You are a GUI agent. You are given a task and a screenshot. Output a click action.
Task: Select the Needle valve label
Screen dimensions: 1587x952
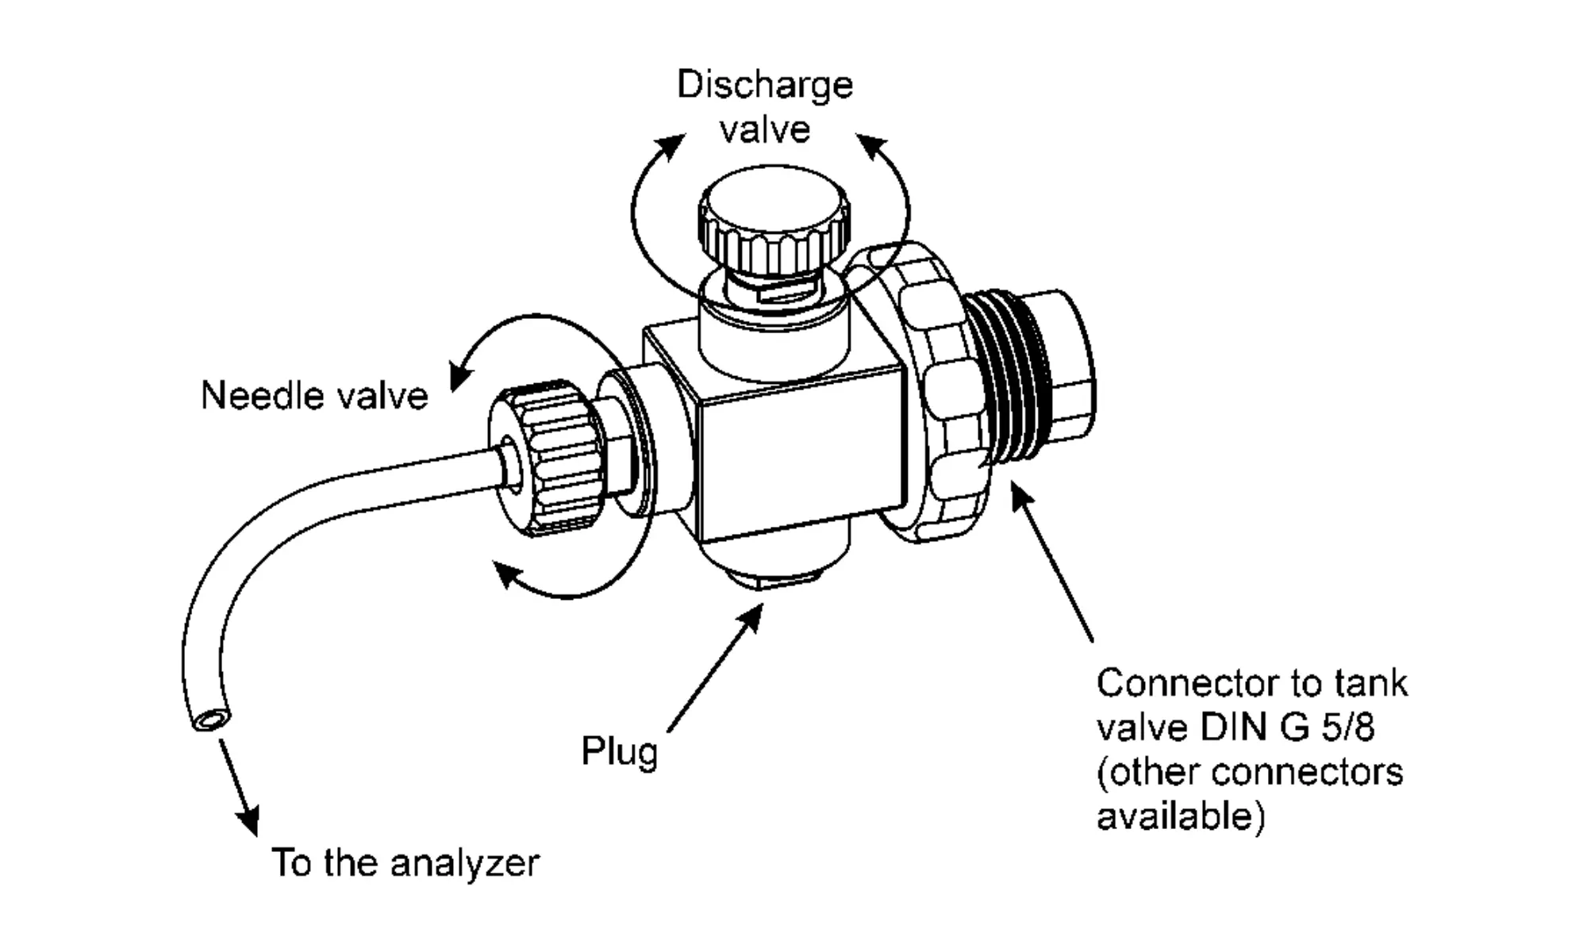click(x=314, y=395)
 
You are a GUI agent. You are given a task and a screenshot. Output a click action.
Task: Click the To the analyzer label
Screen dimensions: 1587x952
click(x=405, y=863)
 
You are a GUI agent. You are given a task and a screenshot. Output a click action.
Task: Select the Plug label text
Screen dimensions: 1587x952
click(x=620, y=750)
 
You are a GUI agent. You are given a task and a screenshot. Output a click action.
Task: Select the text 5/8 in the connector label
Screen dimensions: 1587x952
click(x=1347, y=727)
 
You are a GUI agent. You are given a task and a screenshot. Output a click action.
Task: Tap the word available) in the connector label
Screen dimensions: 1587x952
click(x=1181, y=817)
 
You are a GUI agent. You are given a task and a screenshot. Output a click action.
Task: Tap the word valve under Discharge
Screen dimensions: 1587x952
click(x=765, y=129)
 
